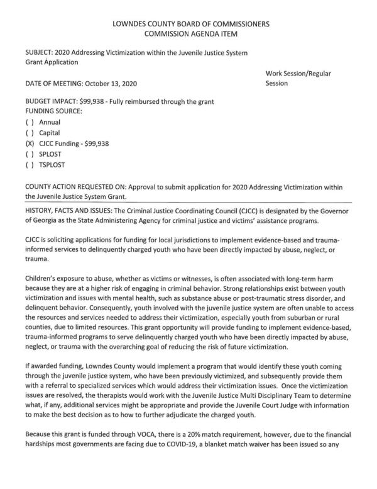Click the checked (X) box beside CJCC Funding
coord(29,143)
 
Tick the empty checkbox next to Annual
coord(29,121)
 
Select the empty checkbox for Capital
coord(29,133)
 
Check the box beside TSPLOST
coord(29,166)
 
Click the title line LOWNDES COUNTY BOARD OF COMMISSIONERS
coord(188,23)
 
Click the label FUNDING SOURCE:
coord(54,111)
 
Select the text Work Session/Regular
coord(298,74)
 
